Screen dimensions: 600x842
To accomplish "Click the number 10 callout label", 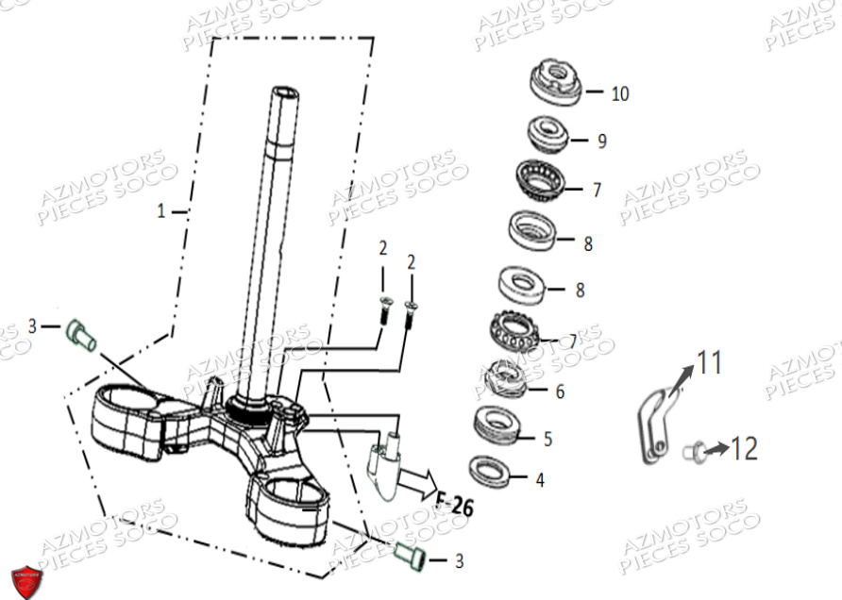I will point(619,93).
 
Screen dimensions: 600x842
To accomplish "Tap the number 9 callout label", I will point(601,142).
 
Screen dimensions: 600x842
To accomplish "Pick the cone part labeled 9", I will point(547,133).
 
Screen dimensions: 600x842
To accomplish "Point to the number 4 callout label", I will point(539,480).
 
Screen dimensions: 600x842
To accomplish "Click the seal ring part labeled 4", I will point(489,469).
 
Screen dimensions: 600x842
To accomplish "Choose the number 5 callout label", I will point(547,439).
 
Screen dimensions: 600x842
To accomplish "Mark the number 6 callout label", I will point(560,391).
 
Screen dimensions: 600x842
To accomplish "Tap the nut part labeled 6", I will point(502,378).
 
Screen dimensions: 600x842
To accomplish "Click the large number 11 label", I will point(709,360).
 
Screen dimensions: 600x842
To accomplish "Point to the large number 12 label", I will point(744,448).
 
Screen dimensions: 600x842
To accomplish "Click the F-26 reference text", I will point(454,505).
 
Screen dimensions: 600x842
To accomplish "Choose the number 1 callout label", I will point(160,212).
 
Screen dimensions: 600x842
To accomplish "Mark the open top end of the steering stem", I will point(285,92).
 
